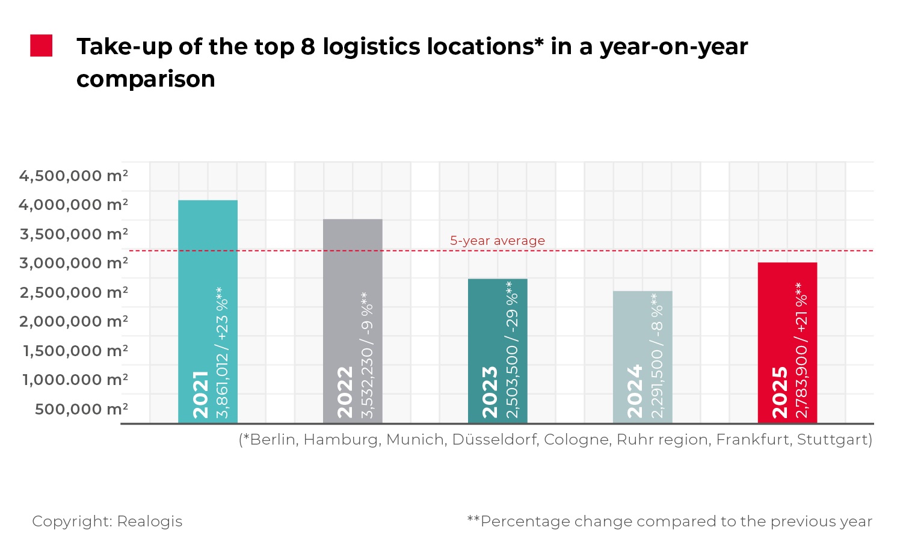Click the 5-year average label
[498, 241]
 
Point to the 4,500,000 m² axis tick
[73, 176]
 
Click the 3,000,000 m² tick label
[73, 263]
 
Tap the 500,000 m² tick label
[81, 409]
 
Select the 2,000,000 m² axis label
[73, 321]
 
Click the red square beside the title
[42, 46]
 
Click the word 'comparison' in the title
[146, 79]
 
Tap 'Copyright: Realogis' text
[107, 521]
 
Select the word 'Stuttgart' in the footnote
[834, 440]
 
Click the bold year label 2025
[780, 392]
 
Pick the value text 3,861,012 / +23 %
[223, 352]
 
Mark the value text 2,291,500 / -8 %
[658, 355]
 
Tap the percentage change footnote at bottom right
[670, 521]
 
